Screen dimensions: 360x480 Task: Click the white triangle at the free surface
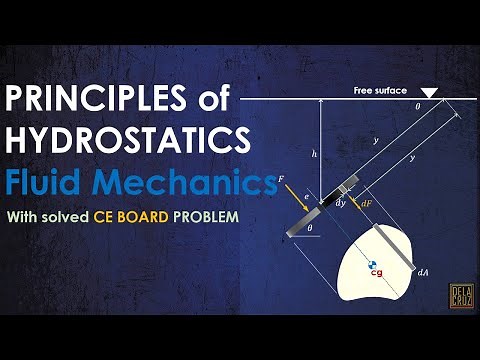(x=429, y=94)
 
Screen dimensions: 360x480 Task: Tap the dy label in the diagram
(x=340, y=203)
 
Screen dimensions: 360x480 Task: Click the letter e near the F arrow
(x=305, y=197)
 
